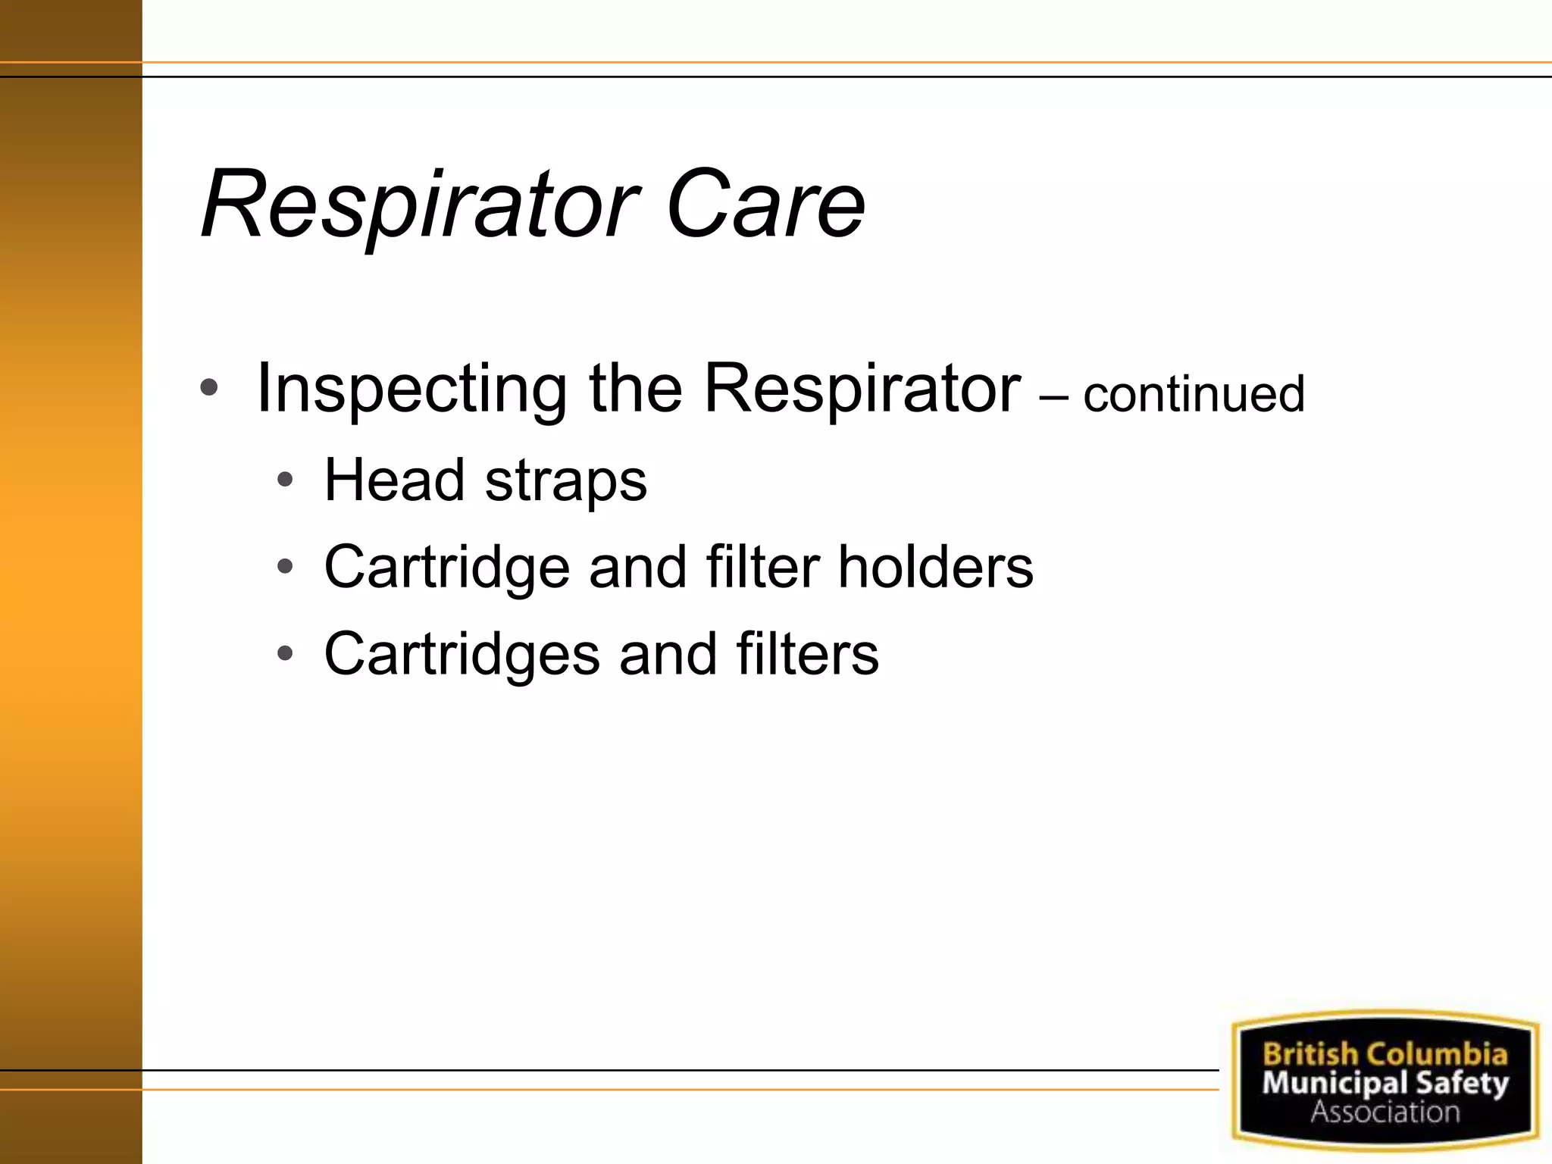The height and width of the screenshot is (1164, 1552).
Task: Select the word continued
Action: pos(1194,395)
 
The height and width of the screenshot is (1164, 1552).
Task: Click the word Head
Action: pos(394,480)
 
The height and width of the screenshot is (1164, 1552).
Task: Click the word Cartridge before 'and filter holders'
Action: pos(446,568)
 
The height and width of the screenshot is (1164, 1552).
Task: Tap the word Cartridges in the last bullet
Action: pos(462,655)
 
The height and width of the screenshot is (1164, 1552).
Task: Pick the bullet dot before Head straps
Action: pos(285,480)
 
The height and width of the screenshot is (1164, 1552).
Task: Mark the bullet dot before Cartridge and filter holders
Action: pos(285,567)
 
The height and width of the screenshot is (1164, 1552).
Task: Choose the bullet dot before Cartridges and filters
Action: pos(285,653)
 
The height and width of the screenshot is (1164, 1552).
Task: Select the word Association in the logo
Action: pos(1385,1112)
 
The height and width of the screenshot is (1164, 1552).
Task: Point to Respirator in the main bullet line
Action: pos(862,390)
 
